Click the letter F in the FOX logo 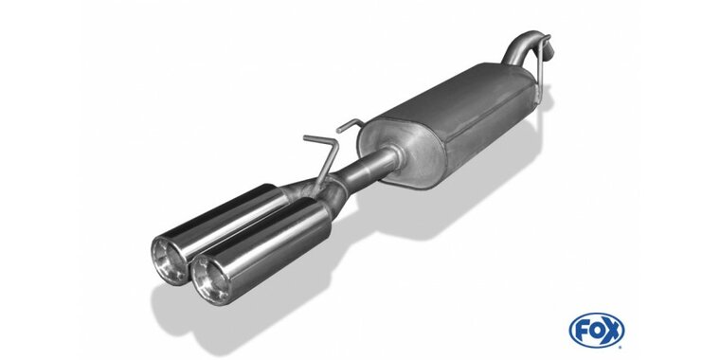582,330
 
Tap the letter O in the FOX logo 597,330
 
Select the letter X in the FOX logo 613,330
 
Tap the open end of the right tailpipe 210,279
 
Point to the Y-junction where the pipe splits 331,189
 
